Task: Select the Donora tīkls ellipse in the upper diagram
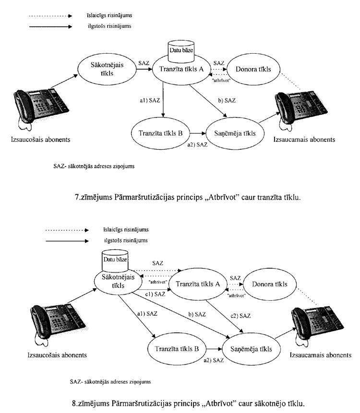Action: (253, 70)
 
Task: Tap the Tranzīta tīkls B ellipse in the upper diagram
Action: (160, 133)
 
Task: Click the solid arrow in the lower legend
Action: (65, 239)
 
